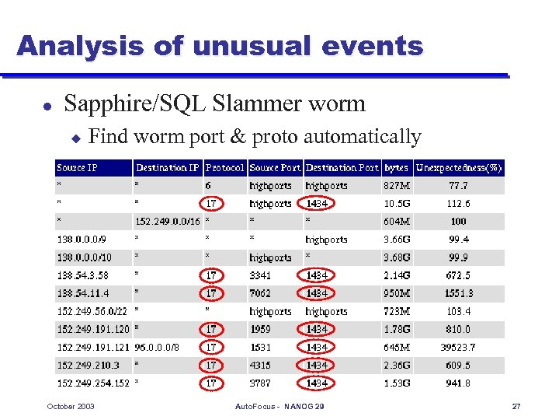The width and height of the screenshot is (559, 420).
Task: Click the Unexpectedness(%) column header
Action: [x=459, y=167]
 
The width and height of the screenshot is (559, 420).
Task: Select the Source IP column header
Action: [x=77, y=167]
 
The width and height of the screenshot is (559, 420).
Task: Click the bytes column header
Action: [x=396, y=167]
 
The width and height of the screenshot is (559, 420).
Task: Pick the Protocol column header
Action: [x=224, y=167]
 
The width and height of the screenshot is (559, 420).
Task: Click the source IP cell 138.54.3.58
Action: [x=82, y=275]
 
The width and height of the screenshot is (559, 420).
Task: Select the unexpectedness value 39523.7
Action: [x=458, y=347]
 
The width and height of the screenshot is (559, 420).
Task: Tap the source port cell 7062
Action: [x=260, y=293]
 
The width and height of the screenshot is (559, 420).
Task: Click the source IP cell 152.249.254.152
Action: [x=93, y=383]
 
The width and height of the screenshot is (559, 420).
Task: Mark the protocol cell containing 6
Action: [x=208, y=186]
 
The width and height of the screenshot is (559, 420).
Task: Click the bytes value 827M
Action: [x=396, y=186]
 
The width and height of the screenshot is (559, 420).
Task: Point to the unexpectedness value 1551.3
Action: [x=458, y=293]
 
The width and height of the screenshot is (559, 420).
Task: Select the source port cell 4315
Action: [x=260, y=365]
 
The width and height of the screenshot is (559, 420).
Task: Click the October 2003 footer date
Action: [x=71, y=407]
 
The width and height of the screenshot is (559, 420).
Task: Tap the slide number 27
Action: [x=516, y=407]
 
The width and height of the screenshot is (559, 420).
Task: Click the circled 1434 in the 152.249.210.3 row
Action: [x=316, y=365]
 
